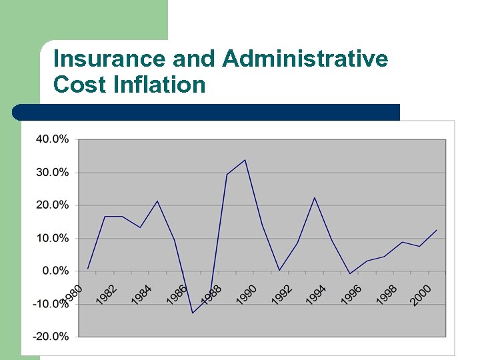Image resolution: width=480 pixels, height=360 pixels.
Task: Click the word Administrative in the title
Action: click(x=305, y=59)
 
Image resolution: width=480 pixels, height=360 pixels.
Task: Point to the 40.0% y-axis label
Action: click(x=53, y=139)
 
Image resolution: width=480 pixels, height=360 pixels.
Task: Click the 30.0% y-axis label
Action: click(x=53, y=172)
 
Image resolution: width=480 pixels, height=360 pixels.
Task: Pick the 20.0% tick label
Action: click(x=53, y=205)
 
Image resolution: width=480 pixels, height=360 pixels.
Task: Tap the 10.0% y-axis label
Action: click(x=53, y=238)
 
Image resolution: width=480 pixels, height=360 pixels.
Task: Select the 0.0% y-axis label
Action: click(x=55, y=271)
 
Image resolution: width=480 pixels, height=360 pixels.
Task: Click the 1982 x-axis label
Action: click(x=107, y=294)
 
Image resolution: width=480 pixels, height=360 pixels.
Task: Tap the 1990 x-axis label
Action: click(x=247, y=294)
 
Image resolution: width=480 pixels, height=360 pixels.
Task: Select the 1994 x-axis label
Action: click(x=317, y=294)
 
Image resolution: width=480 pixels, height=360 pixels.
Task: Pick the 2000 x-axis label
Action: click(x=421, y=294)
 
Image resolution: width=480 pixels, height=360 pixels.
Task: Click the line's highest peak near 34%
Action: click(x=245, y=160)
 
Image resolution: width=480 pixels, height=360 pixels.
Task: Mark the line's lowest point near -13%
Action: click(x=193, y=313)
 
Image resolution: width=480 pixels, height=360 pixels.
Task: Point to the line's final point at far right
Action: click(x=437, y=230)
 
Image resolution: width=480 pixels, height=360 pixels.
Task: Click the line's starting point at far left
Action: click(x=87, y=268)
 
